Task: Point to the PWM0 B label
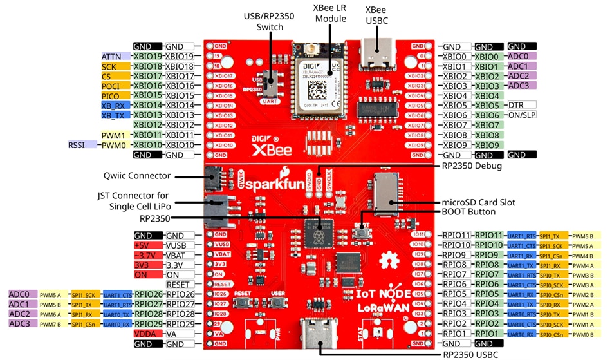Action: click(586, 334)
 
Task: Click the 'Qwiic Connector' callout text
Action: click(136, 176)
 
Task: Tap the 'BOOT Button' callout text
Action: click(468, 212)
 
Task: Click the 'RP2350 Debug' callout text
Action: click(472, 166)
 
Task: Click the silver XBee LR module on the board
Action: click(318, 81)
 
